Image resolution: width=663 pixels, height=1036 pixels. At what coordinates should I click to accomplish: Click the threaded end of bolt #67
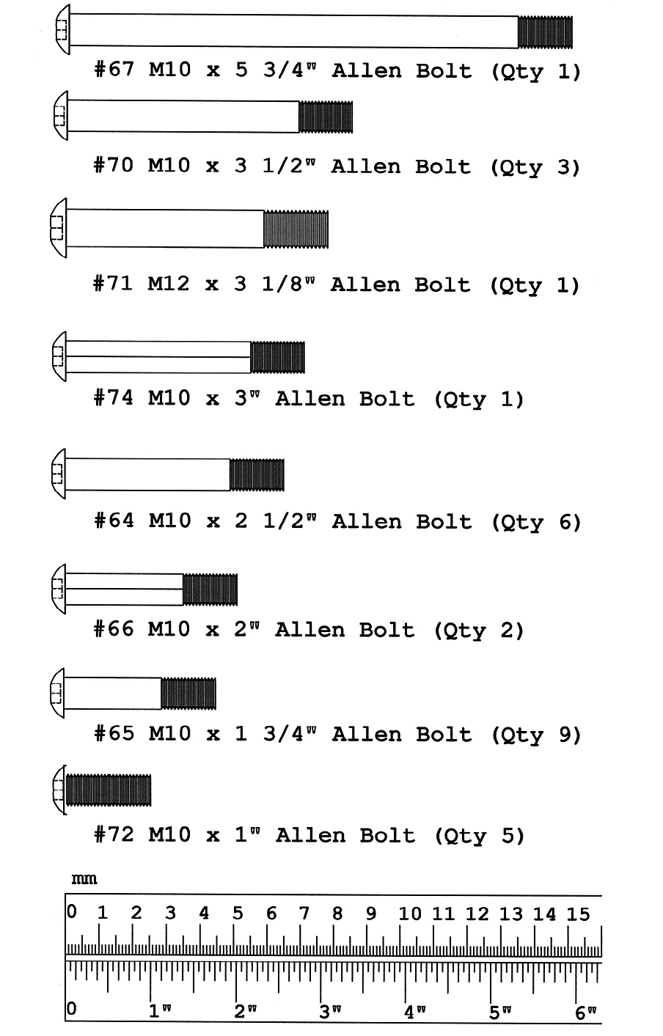coord(545,32)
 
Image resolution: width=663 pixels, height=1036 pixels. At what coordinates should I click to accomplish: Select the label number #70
coord(114,165)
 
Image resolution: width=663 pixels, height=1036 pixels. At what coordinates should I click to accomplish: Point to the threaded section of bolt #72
coord(109,790)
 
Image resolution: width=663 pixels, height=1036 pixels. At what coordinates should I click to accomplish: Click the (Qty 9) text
coord(536,734)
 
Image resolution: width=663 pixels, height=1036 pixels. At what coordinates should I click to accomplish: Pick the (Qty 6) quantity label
coord(536,521)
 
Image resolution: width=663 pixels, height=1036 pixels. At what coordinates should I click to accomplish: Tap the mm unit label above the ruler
coord(84,879)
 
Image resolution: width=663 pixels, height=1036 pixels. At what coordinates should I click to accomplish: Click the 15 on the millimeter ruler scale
coord(578,914)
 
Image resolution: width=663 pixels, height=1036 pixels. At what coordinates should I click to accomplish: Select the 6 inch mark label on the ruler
coord(584,1013)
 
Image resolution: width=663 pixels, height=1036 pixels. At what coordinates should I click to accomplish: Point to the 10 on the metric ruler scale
coord(410,914)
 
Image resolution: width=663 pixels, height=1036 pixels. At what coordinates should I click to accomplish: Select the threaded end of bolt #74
coord(277,357)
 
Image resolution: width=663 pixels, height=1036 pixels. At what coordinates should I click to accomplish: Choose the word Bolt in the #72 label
coord(387,835)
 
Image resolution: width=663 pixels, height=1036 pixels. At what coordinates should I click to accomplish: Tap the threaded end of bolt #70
coord(326,117)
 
